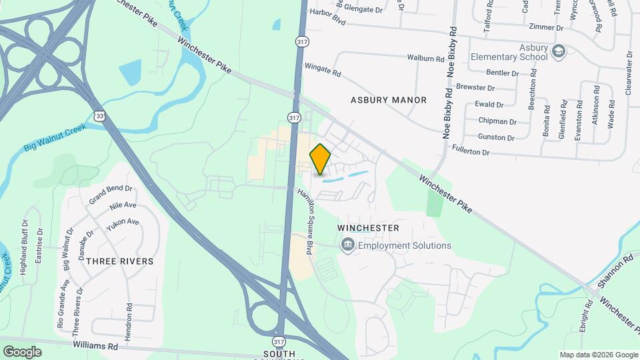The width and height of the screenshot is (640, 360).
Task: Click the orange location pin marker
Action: (x=321, y=159)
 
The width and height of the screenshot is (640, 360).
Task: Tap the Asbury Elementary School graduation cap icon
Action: (x=559, y=51)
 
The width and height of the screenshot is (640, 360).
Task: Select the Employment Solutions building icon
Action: (x=347, y=246)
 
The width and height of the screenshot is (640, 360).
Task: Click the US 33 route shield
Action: (x=99, y=116)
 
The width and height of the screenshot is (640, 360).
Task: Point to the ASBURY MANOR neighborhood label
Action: (x=389, y=100)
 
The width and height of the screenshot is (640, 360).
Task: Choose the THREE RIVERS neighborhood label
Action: (x=119, y=261)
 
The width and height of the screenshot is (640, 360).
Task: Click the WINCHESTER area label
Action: (x=368, y=228)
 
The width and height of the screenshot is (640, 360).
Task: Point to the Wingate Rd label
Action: (x=323, y=69)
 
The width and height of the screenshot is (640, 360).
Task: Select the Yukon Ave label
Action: (x=123, y=222)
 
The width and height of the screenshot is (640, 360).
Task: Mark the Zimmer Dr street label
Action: (x=545, y=28)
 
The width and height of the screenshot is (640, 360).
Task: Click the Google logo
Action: (x=22, y=351)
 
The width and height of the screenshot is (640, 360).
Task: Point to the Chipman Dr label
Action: (x=497, y=121)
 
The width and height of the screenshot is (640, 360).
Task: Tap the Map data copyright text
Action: (x=598, y=355)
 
